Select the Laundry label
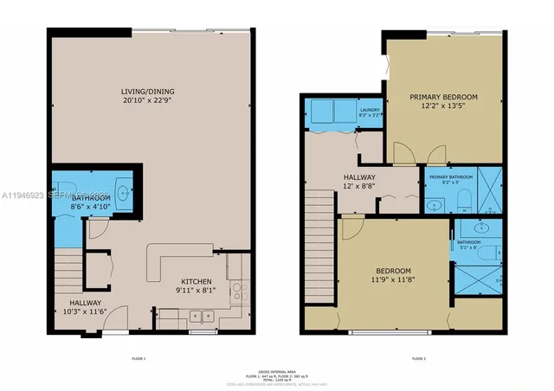coord(369,109)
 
